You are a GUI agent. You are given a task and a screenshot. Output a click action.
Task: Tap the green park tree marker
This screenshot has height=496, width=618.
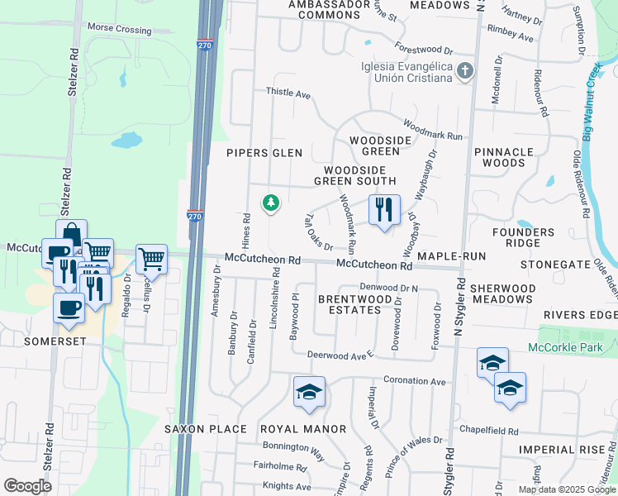pos(270,202)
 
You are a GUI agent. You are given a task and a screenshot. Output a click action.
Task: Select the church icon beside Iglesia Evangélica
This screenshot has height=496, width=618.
pos(465,72)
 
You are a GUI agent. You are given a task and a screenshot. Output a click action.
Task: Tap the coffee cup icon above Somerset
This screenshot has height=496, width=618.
pos(69,307)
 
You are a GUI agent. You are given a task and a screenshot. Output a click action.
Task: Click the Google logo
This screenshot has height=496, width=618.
pos(27,486)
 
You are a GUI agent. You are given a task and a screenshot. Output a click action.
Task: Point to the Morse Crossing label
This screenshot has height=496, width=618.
pos(120,28)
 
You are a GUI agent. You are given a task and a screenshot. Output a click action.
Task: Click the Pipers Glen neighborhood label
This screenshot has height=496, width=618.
pos(264,153)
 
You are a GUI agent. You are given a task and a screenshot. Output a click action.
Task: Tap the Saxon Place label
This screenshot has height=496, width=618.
pos(206,429)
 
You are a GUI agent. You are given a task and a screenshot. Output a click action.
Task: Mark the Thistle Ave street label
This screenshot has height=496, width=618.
pos(288,94)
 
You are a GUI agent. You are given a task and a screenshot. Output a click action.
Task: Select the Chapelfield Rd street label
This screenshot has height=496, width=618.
pos(489,431)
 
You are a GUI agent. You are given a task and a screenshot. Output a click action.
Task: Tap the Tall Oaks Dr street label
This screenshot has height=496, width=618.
pos(318,231)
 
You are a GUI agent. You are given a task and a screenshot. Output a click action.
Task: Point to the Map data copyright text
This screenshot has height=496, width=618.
pos(568,489)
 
